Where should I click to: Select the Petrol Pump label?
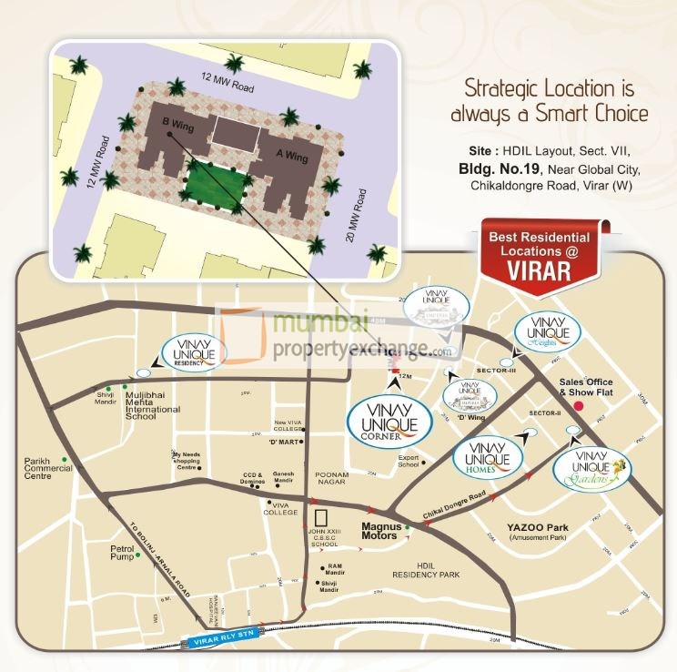[x=122, y=553]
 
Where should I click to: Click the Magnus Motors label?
[x=379, y=531]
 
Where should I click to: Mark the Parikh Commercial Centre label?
[x=50, y=468]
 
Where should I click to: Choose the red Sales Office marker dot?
[x=578, y=403]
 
